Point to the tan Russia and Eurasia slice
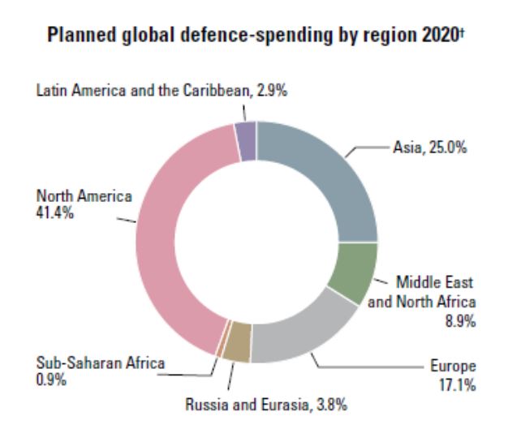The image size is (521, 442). (236, 349)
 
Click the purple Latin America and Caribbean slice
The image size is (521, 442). (246, 132)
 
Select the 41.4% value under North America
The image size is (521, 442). (52, 212)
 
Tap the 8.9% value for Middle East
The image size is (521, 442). (458, 321)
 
